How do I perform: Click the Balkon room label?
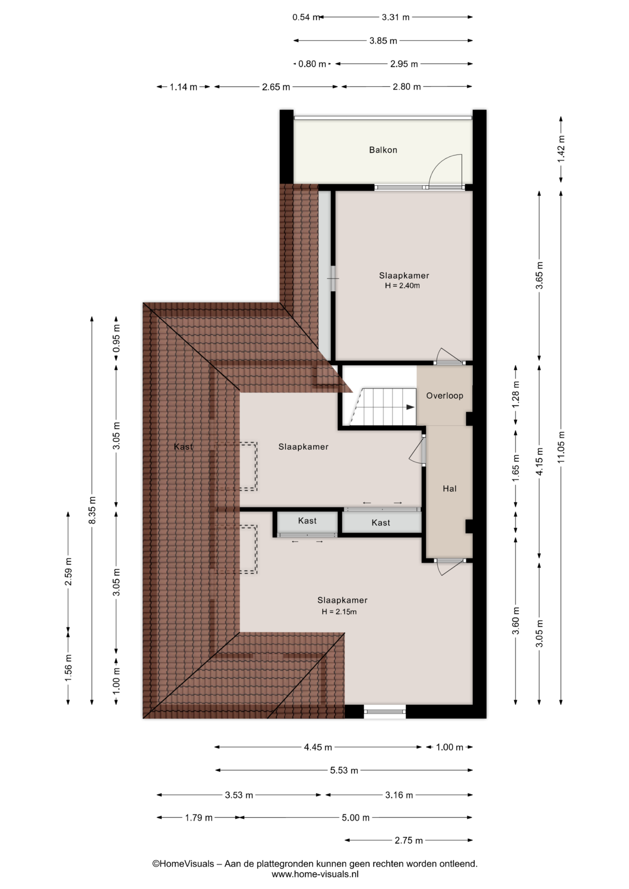pyautogui.click(x=383, y=150)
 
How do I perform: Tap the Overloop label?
pyautogui.click(x=445, y=395)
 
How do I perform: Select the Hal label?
pyautogui.click(x=450, y=488)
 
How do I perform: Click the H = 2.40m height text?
pyautogui.click(x=403, y=286)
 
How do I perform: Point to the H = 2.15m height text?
pyautogui.click(x=340, y=612)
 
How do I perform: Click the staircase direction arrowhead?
pyautogui.click(x=410, y=407)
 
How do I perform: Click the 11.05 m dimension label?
pyautogui.click(x=561, y=447)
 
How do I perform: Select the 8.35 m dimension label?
pyautogui.click(x=92, y=510)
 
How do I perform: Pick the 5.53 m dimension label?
pyautogui.click(x=344, y=770)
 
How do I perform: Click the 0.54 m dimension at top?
pyautogui.click(x=306, y=17)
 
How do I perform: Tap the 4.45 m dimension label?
pyautogui.click(x=318, y=747)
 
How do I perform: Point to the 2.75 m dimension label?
pyautogui.click(x=409, y=840)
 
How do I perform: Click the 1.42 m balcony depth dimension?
pyautogui.click(x=561, y=148)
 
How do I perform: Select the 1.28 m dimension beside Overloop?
pyautogui.click(x=516, y=395)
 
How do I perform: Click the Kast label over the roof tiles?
pyautogui.click(x=183, y=447)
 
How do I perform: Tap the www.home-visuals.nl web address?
pyautogui.click(x=315, y=875)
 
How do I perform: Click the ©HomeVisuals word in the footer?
pyautogui.click(x=183, y=864)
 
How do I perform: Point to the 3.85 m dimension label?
pyautogui.click(x=383, y=41)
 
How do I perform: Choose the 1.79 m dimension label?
pyautogui.click(x=199, y=818)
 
